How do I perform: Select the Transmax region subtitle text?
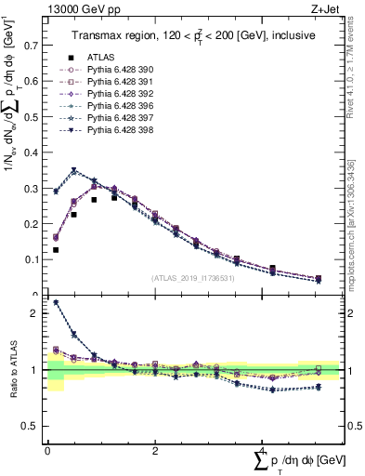[193, 34]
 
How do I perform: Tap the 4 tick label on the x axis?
[262, 451]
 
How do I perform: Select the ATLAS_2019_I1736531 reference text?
[193, 278]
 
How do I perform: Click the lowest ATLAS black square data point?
[56, 250]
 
